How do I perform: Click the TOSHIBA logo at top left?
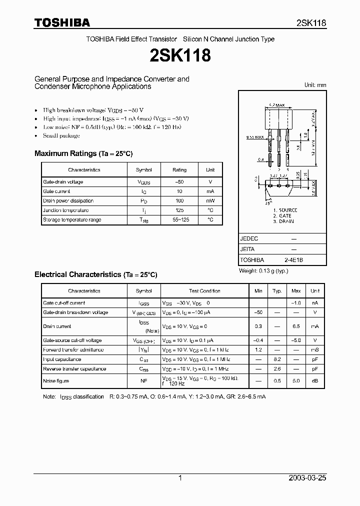click(62, 22)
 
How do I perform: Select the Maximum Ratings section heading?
click(83, 153)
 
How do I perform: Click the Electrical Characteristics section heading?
click(95, 274)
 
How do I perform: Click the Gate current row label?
click(56, 191)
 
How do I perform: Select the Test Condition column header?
click(204, 291)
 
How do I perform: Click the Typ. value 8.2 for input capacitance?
click(276, 359)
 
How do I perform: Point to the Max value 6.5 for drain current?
click(295, 326)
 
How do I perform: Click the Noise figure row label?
click(55, 381)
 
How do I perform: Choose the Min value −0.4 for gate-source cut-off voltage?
click(258, 340)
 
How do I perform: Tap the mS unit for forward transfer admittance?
click(314, 350)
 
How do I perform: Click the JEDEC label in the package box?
click(248, 239)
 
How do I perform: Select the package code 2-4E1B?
click(293, 260)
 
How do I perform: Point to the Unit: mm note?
click(315, 85)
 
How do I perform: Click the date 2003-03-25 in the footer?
click(307, 478)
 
